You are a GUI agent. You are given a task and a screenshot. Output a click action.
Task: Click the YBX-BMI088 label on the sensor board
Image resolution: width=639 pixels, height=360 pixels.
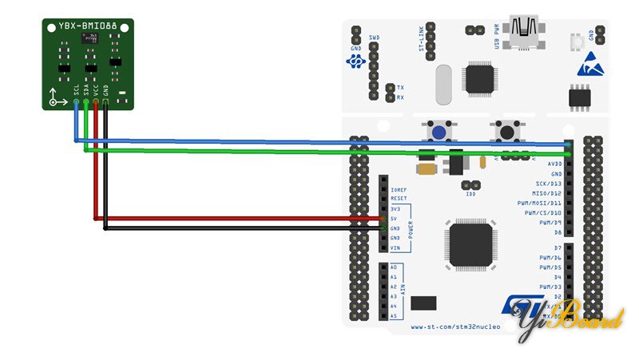pos(88,26)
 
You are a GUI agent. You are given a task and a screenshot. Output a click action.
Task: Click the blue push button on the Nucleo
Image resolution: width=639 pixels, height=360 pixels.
pos(439,131)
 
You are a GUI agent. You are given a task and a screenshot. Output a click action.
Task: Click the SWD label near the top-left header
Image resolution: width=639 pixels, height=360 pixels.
pos(375,38)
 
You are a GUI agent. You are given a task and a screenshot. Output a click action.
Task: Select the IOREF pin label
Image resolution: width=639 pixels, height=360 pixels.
pos(399,189)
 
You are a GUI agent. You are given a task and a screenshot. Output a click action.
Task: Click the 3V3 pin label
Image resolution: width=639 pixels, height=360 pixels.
pos(395,209)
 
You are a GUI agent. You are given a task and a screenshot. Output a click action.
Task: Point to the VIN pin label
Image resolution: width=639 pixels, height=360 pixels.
pos(395,248)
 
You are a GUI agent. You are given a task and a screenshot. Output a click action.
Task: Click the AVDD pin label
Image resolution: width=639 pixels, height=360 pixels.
pos(555,164)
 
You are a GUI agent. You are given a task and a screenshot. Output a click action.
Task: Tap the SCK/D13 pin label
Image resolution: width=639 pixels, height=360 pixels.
pos(549,184)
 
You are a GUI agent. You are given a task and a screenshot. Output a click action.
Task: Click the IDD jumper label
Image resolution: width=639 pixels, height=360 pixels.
pos(471,194)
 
